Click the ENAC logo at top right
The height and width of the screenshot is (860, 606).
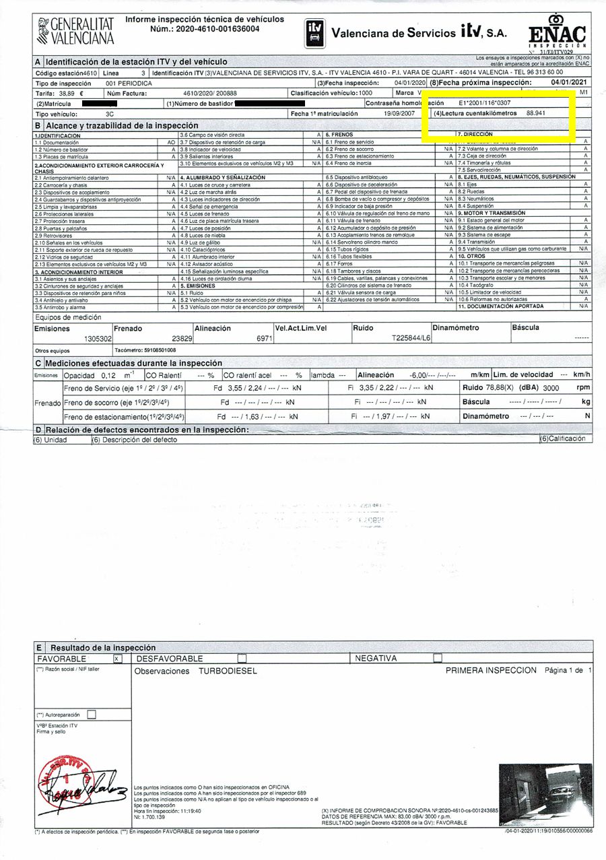point(558,36)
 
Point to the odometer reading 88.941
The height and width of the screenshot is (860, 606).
point(536,113)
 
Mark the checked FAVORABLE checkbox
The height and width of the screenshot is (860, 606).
point(118,658)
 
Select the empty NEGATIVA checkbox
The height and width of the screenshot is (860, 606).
point(438,658)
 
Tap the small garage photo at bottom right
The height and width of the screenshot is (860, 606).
point(545,795)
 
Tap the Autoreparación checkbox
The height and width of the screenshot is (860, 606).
point(92,715)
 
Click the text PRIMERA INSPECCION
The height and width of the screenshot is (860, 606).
point(492,670)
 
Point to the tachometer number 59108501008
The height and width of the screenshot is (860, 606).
point(145,350)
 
